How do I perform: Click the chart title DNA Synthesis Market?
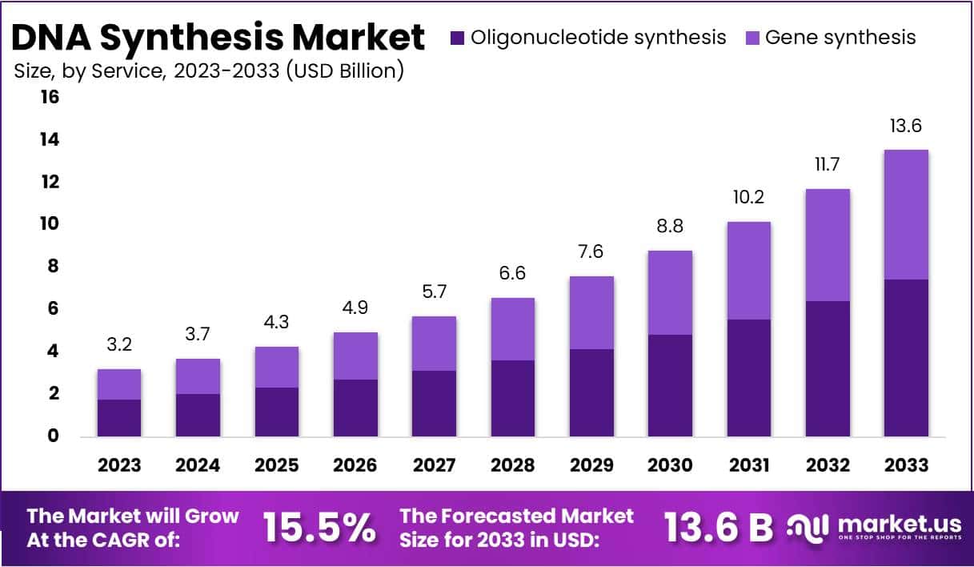218,37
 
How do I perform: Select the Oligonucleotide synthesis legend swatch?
457,38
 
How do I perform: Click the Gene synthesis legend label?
840,38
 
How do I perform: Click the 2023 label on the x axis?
119,465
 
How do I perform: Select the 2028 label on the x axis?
512,465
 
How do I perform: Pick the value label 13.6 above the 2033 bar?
906,126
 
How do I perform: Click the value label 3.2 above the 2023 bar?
119,345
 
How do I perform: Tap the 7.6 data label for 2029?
591,252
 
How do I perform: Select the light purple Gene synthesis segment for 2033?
906,215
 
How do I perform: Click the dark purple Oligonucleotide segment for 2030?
669,385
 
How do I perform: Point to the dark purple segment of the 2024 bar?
198,415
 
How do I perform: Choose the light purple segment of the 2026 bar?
355,356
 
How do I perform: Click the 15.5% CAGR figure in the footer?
319,528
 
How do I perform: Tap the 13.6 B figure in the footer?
718,528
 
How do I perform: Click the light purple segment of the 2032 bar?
828,245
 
